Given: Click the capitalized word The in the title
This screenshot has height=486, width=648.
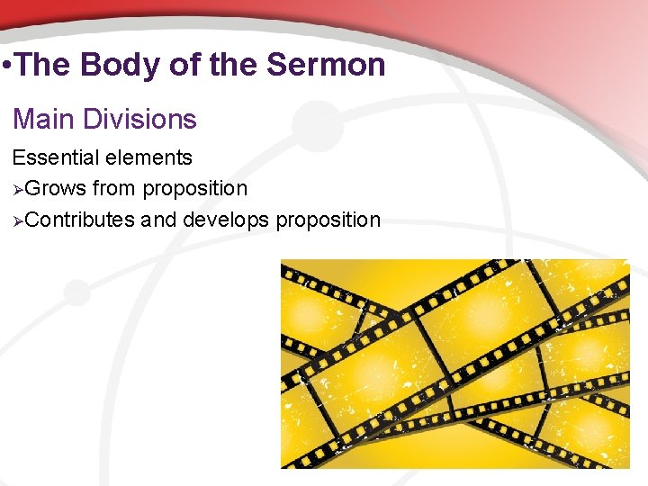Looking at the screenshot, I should [x=43, y=65].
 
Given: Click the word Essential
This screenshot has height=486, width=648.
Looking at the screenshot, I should [x=53, y=157].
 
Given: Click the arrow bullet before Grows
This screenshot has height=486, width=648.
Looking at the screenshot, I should [x=17, y=189].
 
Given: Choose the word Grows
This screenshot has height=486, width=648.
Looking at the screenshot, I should [x=55, y=189].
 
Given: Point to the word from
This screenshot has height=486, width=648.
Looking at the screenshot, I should [x=114, y=189].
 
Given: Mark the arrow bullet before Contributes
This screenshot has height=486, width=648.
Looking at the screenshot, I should [x=17, y=220].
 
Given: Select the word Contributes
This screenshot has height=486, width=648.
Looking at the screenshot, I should [x=80, y=220].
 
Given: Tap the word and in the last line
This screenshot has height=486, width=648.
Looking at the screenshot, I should [x=159, y=220].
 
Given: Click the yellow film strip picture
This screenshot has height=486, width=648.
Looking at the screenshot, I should [x=454, y=364].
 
